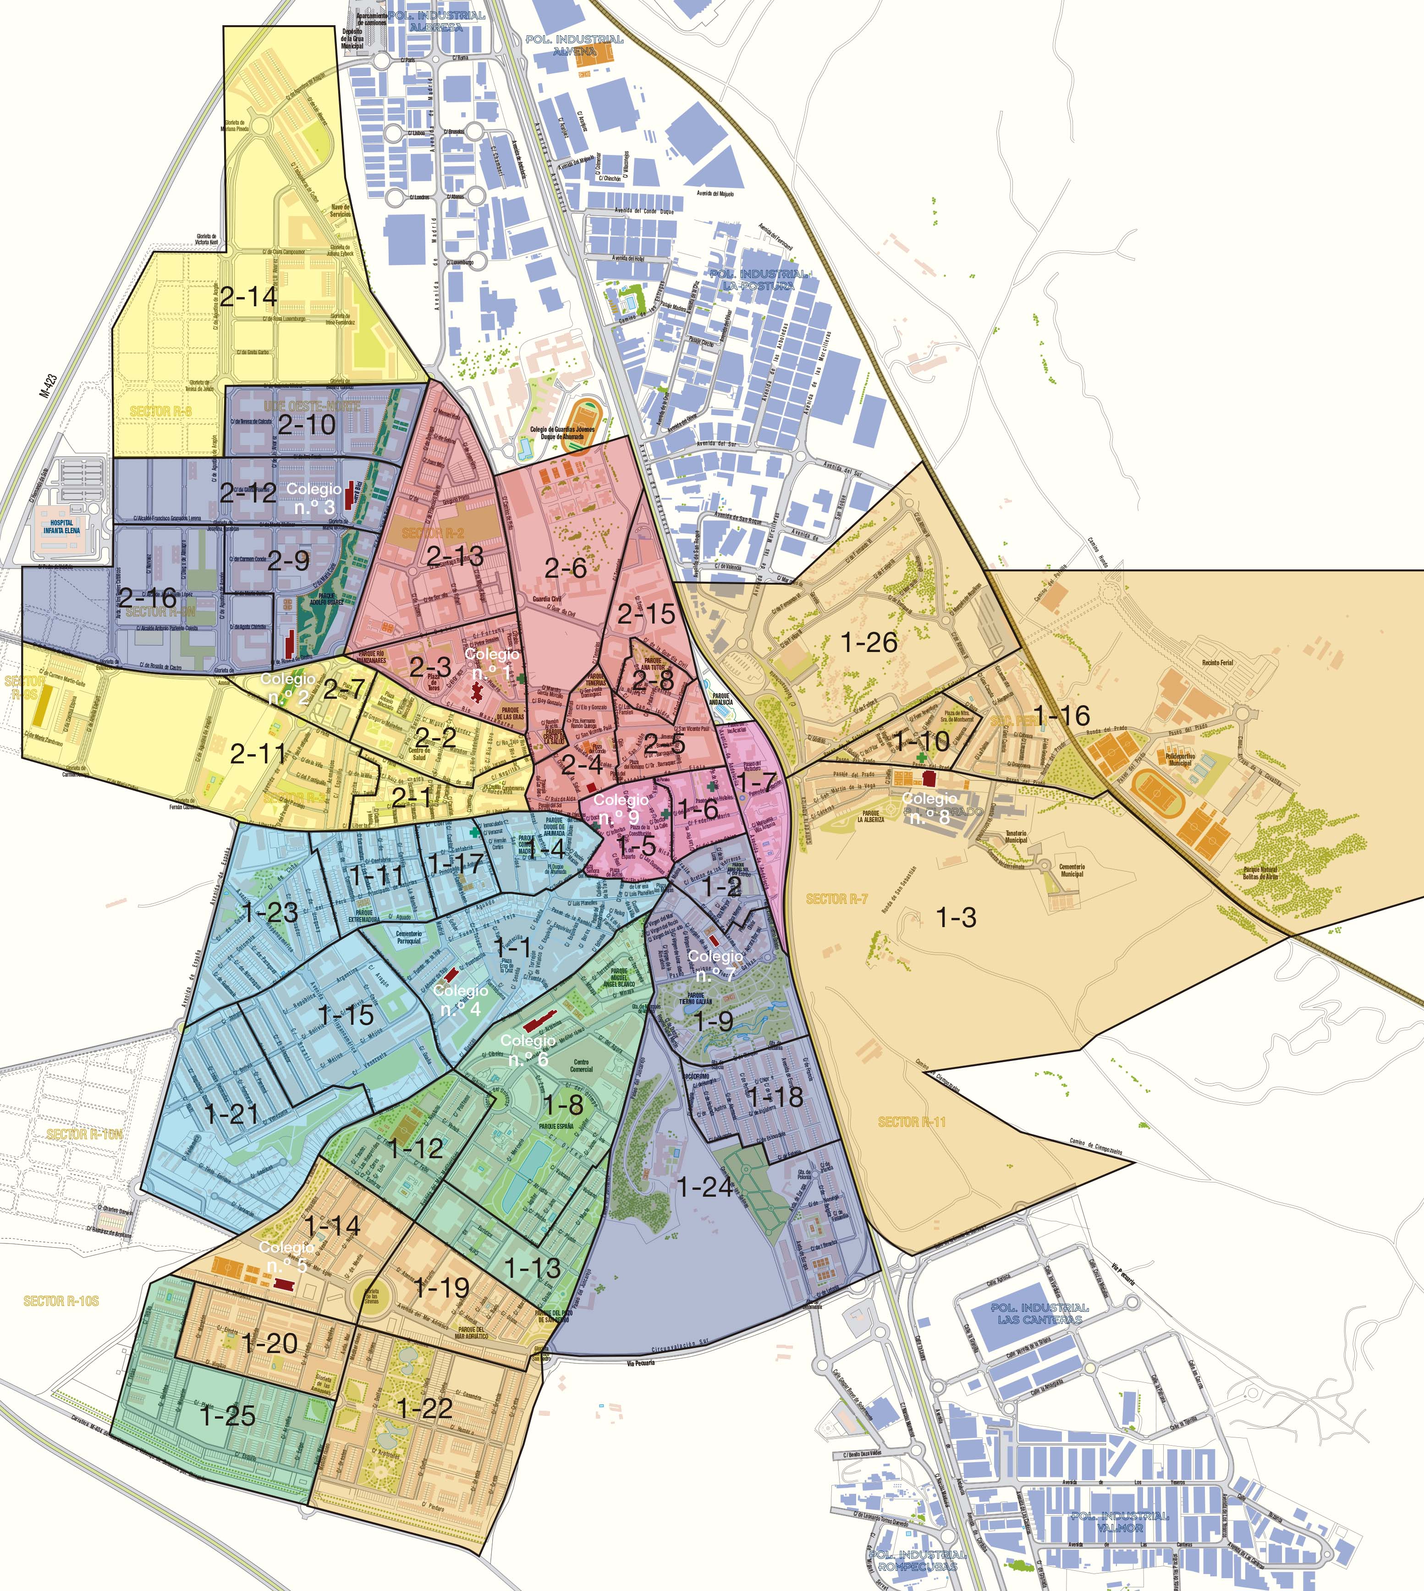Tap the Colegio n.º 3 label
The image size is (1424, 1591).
click(x=314, y=498)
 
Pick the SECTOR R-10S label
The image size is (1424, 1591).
click(x=61, y=1301)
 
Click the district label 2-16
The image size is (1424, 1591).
click(x=148, y=598)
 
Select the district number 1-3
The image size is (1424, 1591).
click(x=956, y=917)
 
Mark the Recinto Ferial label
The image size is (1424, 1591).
click(x=1217, y=663)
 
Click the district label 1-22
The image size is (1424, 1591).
click(x=425, y=1409)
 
